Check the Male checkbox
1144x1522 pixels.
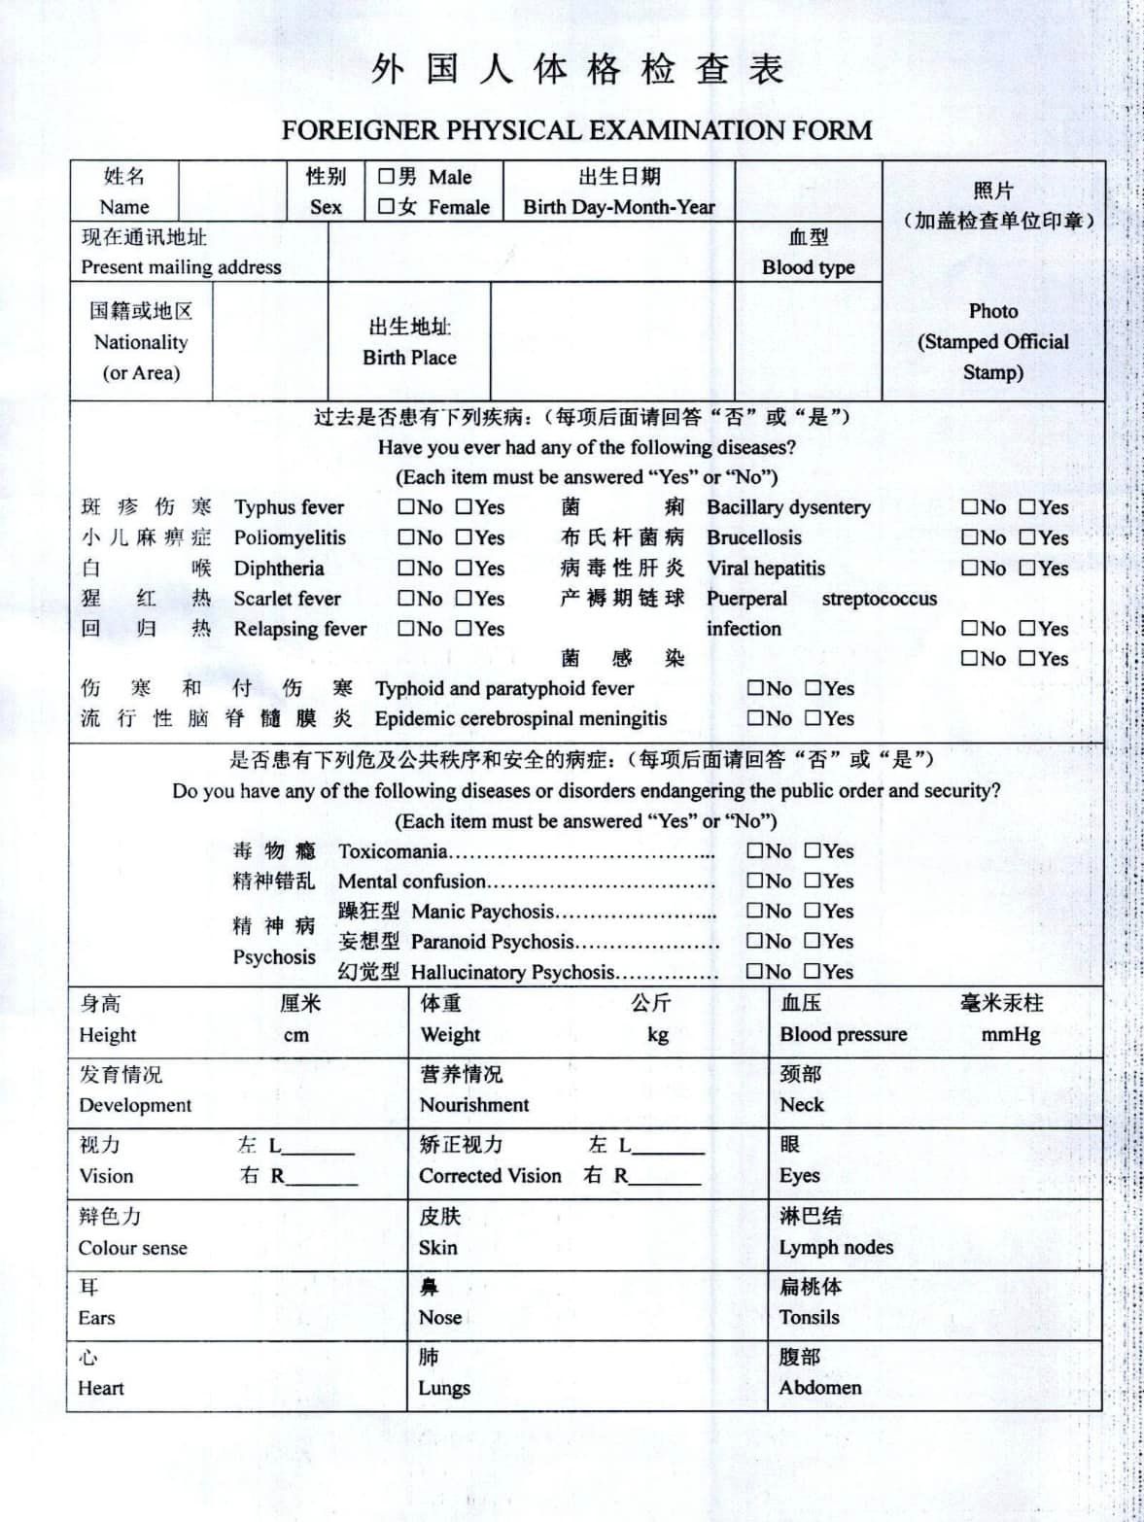(x=386, y=176)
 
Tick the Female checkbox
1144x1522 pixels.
(x=386, y=206)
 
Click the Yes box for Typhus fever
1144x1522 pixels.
(x=464, y=506)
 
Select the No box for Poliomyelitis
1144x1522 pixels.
(x=405, y=537)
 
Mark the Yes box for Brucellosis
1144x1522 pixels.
(x=1027, y=537)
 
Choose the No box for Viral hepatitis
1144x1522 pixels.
(x=969, y=568)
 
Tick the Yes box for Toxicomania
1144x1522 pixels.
(x=813, y=851)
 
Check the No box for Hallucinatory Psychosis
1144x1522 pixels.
(x=754, y=971)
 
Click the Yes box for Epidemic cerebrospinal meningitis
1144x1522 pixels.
(x=813, y=718)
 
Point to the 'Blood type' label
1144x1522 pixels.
(x=808, y=267)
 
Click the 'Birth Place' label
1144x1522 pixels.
(x=409, y=357)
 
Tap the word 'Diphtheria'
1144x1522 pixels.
(x=279, y=569)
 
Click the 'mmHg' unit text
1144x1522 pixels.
(x=1011, y=1034)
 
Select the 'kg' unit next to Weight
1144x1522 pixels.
(x=658, y=1034)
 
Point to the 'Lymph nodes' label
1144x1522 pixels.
(x=836, y=1247)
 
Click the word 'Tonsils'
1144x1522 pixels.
(x=809, y=1317)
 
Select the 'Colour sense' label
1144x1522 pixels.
(x=133, y=1248)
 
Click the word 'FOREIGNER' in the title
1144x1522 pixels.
(x=359, y=130)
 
